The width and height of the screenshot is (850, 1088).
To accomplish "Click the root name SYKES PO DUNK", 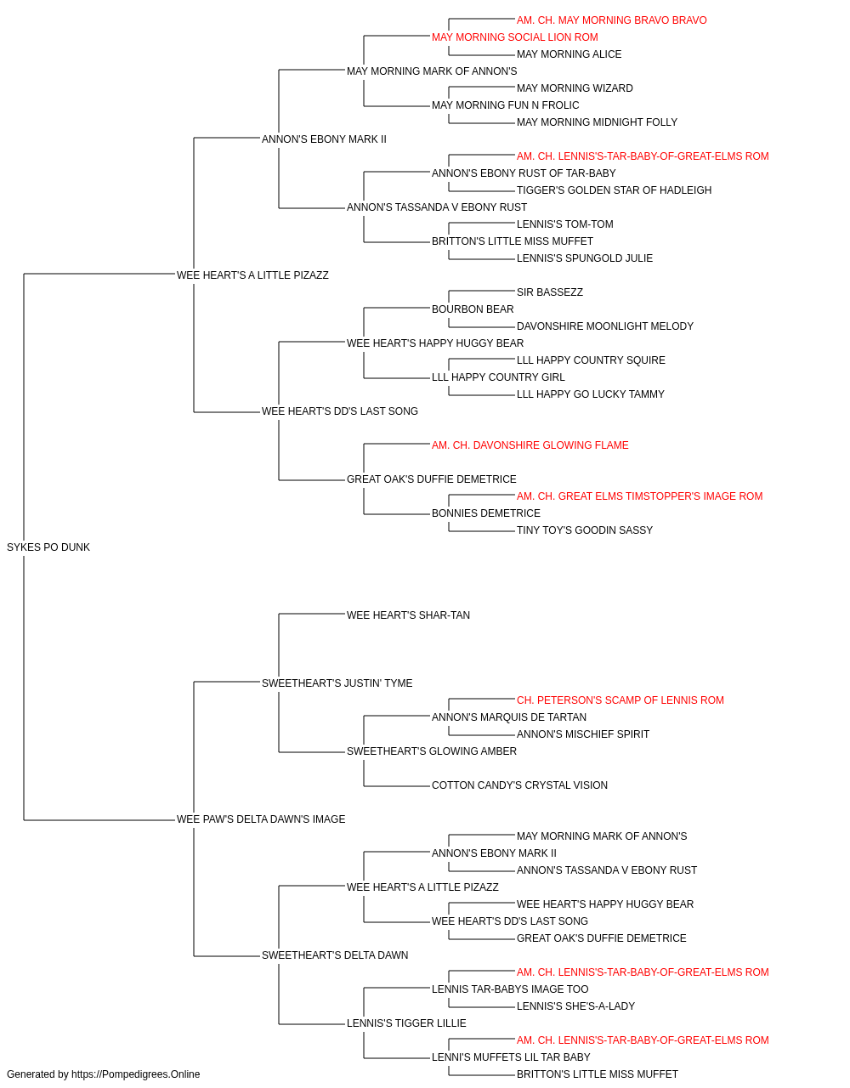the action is [x=48, y=547].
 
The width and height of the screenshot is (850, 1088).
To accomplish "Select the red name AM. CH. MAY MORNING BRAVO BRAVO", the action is [x=611, y=20].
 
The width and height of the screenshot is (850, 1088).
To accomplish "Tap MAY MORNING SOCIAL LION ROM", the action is [x=514, y=37].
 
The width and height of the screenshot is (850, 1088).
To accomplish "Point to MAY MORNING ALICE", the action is [x=569, y=54].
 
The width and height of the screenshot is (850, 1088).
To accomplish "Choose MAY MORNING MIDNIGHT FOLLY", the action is [x=597, y=122].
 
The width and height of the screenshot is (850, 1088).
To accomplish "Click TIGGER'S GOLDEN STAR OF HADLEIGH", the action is [x=614, y=190].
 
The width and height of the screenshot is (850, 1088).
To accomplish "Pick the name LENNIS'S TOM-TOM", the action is [x=564, y=224].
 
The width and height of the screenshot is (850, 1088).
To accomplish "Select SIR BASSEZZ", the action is [x=550, y=292].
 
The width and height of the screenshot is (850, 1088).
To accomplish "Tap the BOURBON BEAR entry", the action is [x=473, y=309].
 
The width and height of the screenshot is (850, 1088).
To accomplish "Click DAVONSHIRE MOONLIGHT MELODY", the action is [x=604, y=326].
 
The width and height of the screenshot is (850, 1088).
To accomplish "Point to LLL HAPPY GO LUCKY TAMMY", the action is [x=590, y=394].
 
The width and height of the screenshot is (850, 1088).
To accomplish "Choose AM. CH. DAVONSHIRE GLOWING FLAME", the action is [x=530, y=445].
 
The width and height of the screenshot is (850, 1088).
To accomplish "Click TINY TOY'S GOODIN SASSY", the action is [x=584, y=530].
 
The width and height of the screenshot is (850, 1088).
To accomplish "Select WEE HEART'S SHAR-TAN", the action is [x=408, y=615].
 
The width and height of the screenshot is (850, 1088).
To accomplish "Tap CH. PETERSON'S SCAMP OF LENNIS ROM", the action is [x=620, y=700].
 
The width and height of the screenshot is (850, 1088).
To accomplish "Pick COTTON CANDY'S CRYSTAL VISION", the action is [x=519, y=785].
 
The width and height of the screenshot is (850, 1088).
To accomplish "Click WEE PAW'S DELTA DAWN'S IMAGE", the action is [x=261, y=819].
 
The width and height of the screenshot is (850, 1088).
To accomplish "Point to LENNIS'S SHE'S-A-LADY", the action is [x=575, y=1006].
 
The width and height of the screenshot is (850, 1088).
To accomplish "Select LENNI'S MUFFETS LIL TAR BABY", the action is [x=511, y=1057].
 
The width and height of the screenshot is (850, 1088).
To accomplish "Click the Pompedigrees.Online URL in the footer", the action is [x=135, y=1074].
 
